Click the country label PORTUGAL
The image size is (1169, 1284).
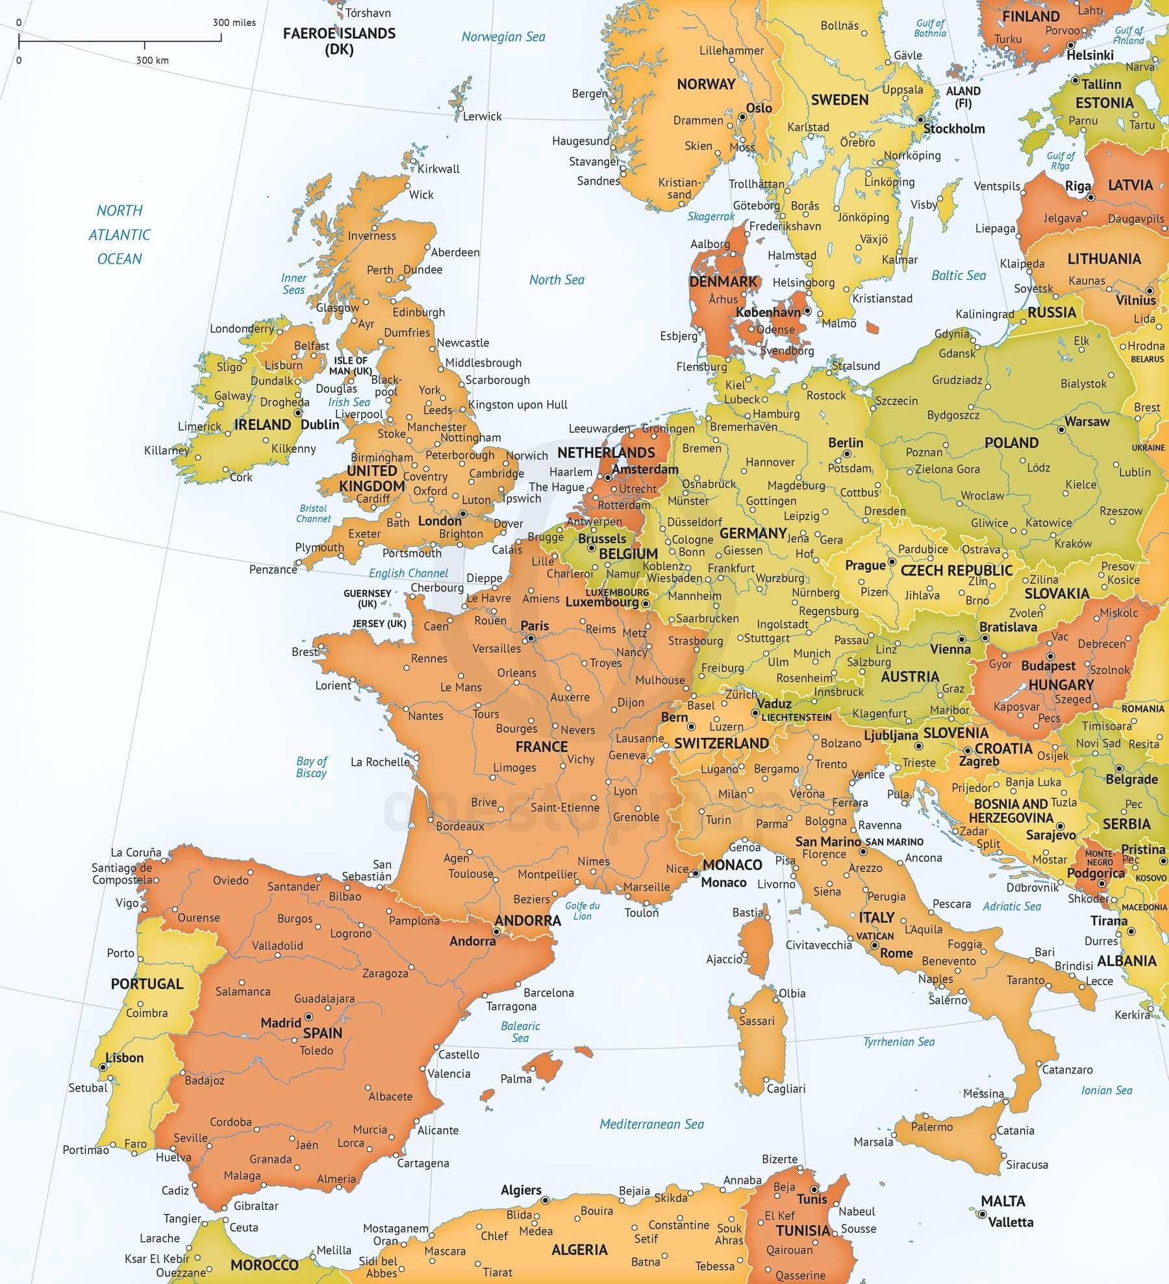coord(147,983)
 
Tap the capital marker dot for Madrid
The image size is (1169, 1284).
coord(308,1016)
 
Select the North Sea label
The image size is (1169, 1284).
coord(557,280)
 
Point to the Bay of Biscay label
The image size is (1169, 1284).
coord(312,767)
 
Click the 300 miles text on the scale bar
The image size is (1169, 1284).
coord(234,23)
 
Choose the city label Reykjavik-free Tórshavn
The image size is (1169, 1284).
coord(368,13)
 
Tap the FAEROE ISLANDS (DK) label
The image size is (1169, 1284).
coord(339,41)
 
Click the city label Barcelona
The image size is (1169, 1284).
coord(549,992)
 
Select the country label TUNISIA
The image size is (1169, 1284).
coord(803,1231)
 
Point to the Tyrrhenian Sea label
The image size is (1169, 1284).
coord(899,1042)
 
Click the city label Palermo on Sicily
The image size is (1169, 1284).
coord(932,1127)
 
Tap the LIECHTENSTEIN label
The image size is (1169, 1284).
coord(796,718)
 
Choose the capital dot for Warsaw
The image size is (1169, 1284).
coord(1061,430)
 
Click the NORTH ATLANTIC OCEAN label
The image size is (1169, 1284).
coord(119,234)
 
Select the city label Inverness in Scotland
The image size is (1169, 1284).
coord(371,236)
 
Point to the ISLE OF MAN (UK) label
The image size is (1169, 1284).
coord(351,366)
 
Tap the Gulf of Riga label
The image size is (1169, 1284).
coord(1060,160)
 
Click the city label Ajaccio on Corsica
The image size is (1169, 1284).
coord(724,959)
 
